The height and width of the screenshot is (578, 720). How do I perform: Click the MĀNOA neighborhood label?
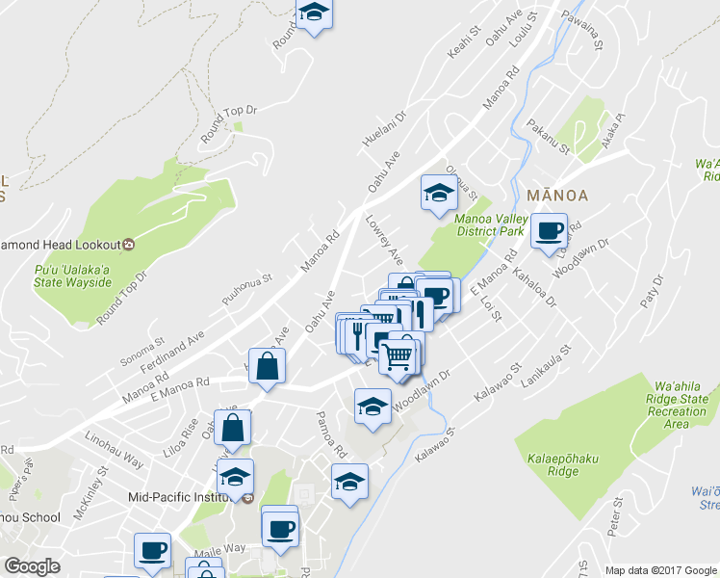coord(557,195)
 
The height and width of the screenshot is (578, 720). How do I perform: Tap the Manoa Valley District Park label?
coord(489,225)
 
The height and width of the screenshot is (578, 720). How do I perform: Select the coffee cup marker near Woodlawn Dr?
coord(550,231)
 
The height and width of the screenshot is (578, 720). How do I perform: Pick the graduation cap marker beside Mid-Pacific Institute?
coord(234,476)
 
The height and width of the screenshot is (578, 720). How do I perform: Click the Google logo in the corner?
coord(32,566)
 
